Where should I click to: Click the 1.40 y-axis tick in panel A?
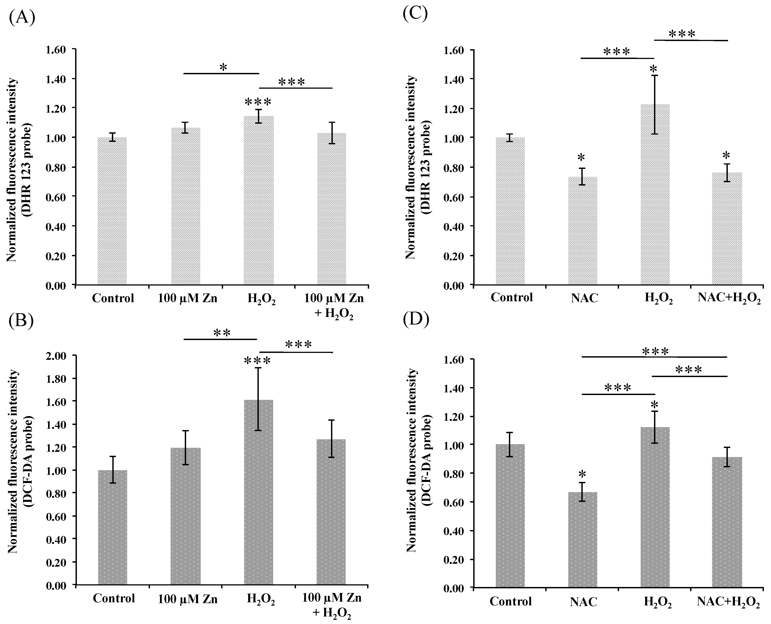[57, 79]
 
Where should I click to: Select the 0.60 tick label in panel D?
[454, 502]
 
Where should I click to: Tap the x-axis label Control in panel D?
[510, 601]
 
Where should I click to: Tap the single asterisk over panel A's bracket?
[223, 67]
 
